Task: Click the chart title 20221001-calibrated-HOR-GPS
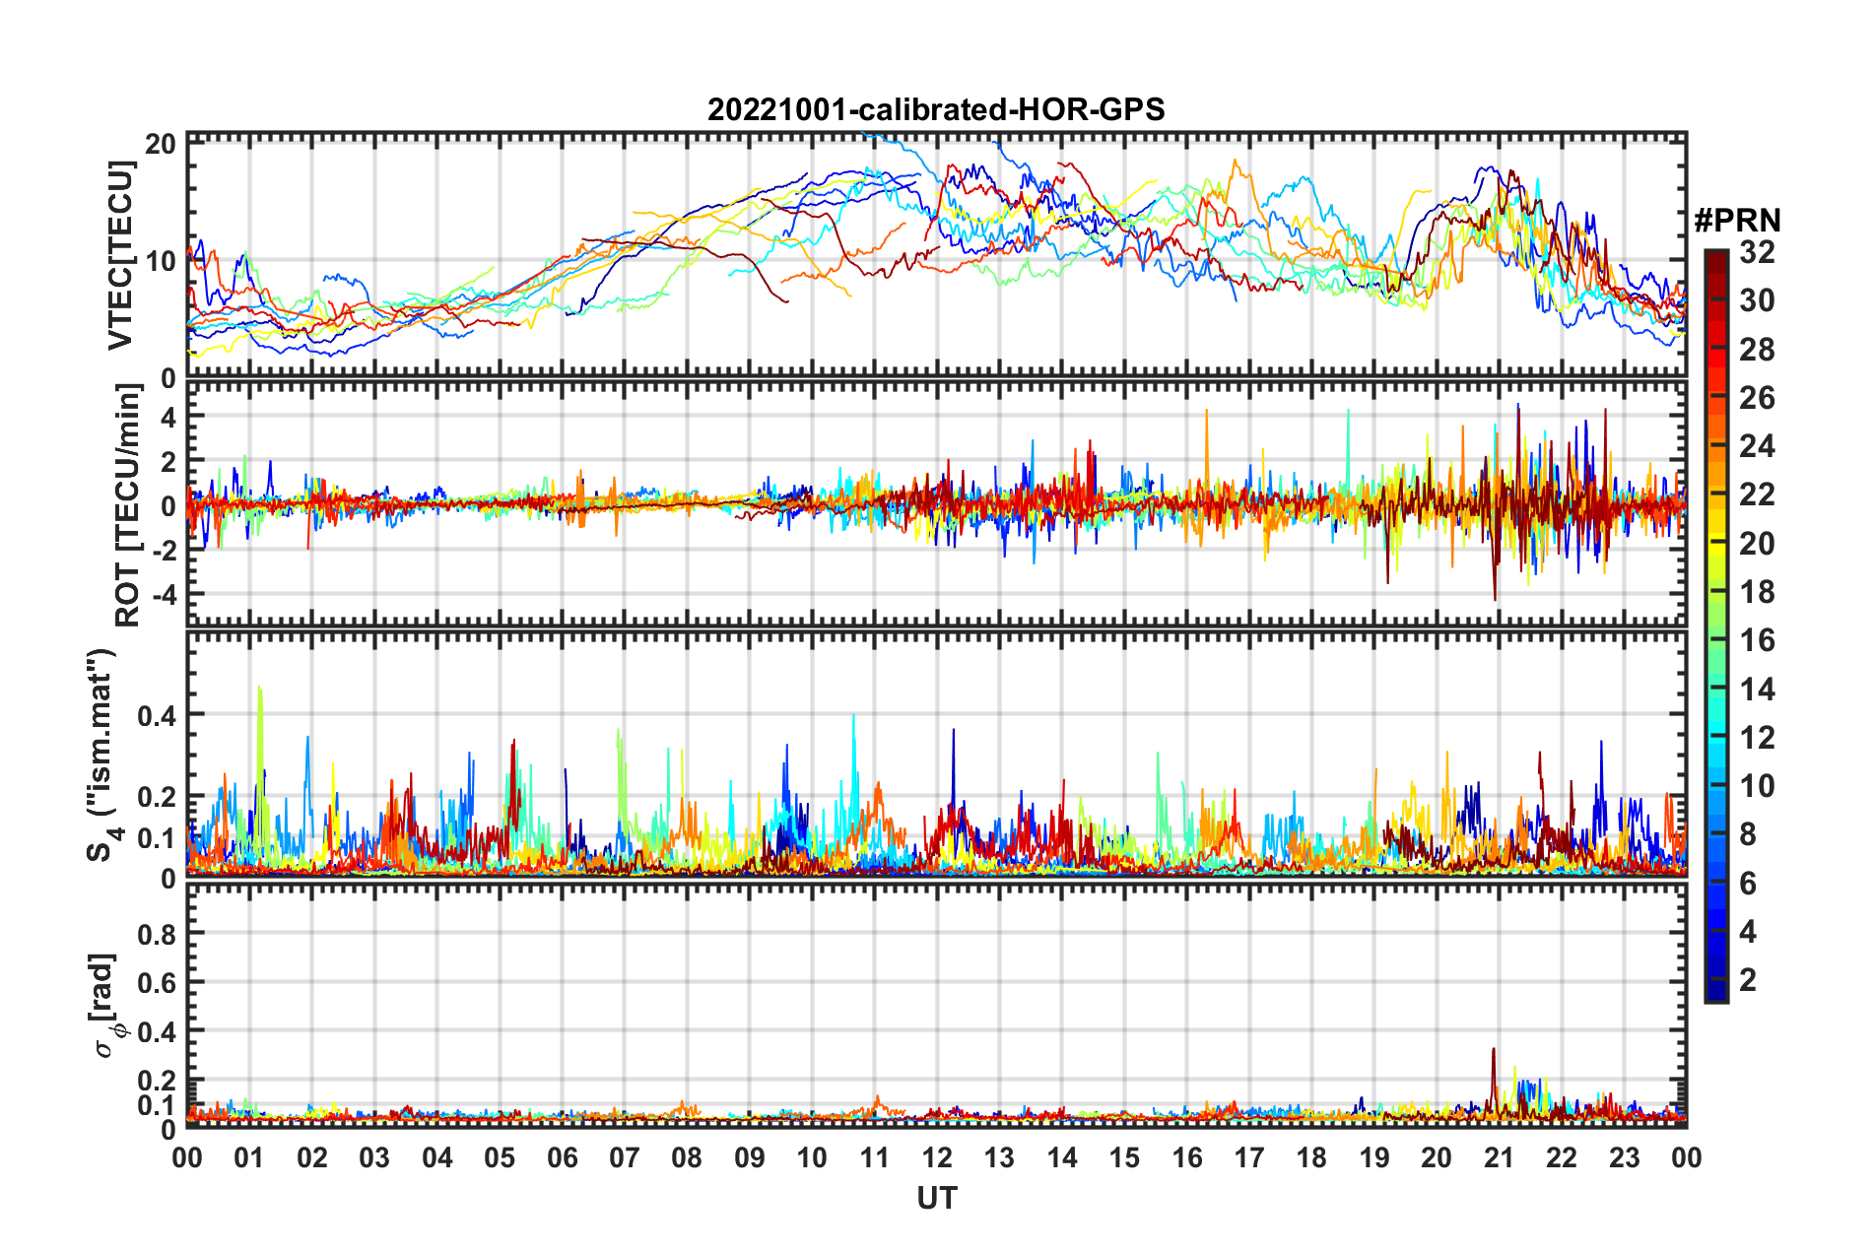[936, 109]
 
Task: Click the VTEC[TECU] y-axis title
[120, 256]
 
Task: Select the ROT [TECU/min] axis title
[128, 504]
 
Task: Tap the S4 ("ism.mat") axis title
[101, 755]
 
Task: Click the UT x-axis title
[936, 1198]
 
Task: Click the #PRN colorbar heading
[1736, 220]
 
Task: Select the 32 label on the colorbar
[1757, 252]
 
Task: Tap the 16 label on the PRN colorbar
[1757, 640]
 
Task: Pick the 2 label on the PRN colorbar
[1748, 979]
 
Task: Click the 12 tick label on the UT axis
[936, 1157]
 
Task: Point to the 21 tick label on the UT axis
[1499, 1157]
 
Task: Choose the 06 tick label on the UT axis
[562, 1157]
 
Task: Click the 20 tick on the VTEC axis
[161, 144]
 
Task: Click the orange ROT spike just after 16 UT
[1206, 414]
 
